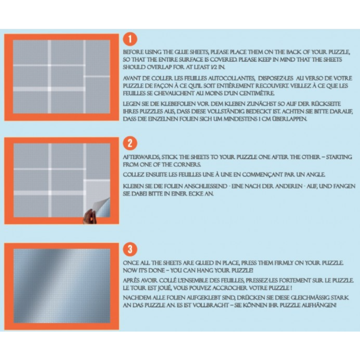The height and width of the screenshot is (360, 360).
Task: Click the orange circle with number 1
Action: tap(130, 39)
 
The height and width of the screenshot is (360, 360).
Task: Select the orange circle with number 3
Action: tap(130, 249)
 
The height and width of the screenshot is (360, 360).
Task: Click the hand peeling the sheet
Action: tap(89, 217)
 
